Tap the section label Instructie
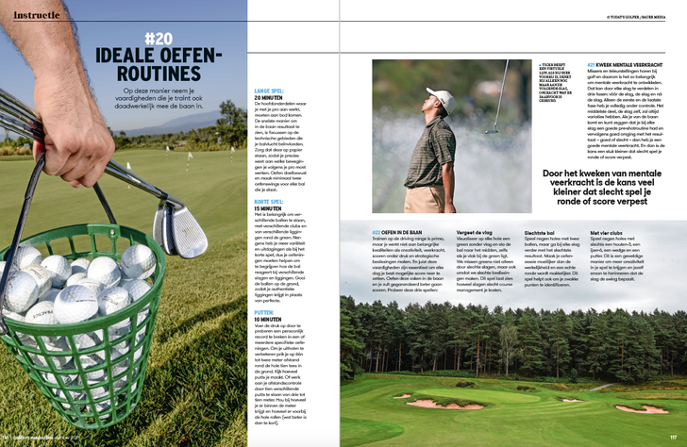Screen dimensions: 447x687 click(x=32, y=15)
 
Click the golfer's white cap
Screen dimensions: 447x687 click(x=437, y=96)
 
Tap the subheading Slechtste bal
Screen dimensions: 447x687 click(x=539, y=232)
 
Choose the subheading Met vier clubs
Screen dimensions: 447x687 click(x=607, y=232)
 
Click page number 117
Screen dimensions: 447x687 click(x=674, y=439)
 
